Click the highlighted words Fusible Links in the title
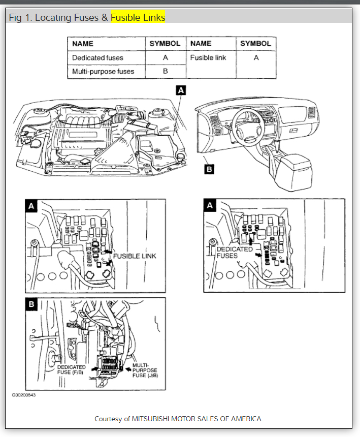coord(138,18)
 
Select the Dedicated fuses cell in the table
coord(97,58)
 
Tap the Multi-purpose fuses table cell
coord(103,72)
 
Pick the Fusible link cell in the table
coord(208,58)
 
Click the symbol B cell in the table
coord(165,72)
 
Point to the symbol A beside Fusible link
coord(256,58)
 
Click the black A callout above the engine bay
coord(181,90)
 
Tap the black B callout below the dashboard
coord(209,169)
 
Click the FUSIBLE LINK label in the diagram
coord(135,256)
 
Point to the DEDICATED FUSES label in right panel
coord(235,253)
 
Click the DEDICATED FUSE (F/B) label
coord(71,369)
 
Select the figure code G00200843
coord(24,394)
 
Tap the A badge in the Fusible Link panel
coord(31,206)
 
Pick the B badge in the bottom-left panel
coord(31,304)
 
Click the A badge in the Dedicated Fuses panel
coord(210,206)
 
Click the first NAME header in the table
coord(82,44)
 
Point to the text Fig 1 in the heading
coord(20,18)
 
